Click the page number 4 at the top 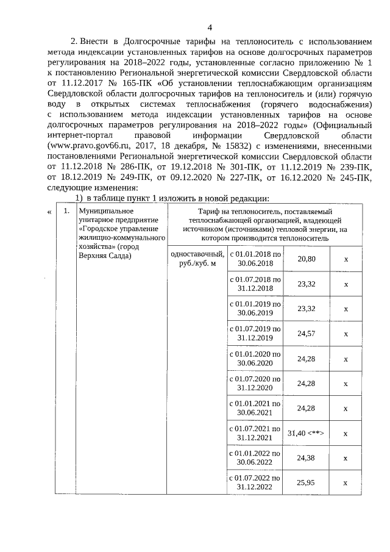click(210, 27)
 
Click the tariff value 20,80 click(306, 259)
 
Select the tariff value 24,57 click(306, 334)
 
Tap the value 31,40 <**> click(306, 433)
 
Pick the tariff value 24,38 click(306, 457)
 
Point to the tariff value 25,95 click(306, 482)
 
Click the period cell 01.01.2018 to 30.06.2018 click(255, 259)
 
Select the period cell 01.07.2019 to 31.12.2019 click(255, 334)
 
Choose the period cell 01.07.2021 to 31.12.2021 click(255, 433)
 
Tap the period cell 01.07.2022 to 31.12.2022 click(255, 482)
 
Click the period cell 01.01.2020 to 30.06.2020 click(255, 358)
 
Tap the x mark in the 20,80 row click(346, 259)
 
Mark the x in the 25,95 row click(346, 482)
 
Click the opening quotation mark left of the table click(49, 211)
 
